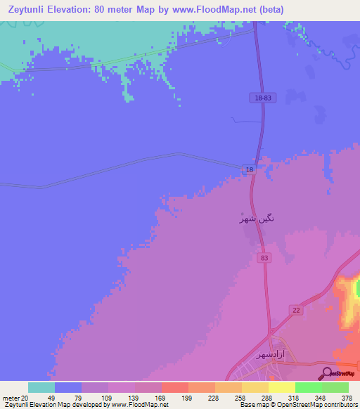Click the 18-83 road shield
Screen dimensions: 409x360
click(263, 98)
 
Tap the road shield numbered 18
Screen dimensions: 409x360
click(249, 169)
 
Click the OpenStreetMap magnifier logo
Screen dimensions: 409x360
click(326, 373)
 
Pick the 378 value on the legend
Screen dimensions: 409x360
click(346, 397)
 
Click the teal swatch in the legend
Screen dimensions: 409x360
click(41, 387)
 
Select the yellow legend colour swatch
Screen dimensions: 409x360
click(281, 387)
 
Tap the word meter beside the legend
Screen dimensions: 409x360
click(12, 397)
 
